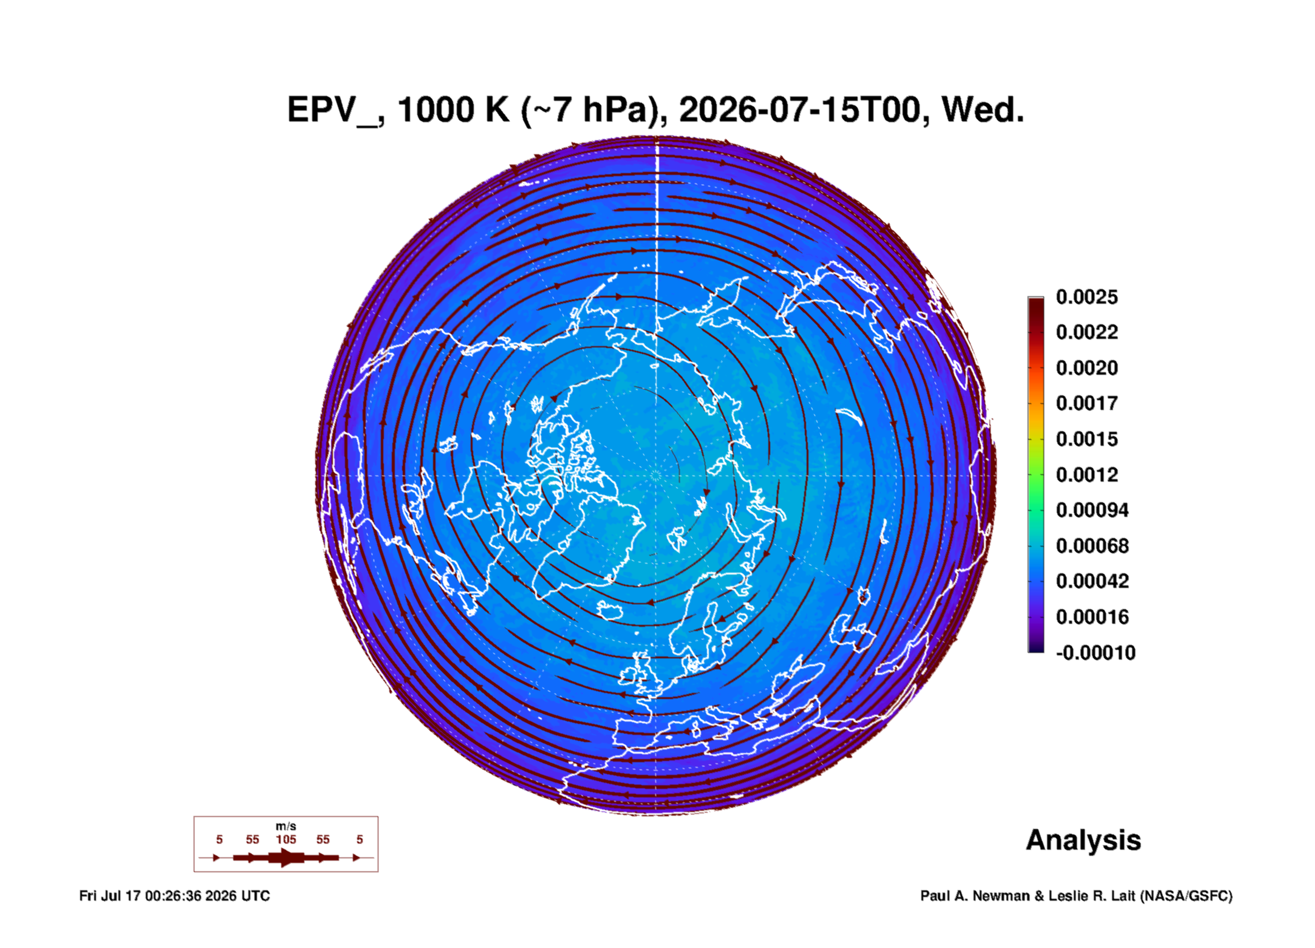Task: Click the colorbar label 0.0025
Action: pos(1087,297)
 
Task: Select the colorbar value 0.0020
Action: pos(1087,368)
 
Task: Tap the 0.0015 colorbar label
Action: pos(1087,439)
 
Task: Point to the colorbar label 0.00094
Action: pos(1092,510)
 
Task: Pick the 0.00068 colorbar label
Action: pos(1092,546)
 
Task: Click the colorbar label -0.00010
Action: pos(1096,653)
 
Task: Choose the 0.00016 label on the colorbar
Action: pos(1092,617)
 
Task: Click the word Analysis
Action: pos(1084,841)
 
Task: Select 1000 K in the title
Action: pos(453,111)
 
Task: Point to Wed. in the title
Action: pos(983,111)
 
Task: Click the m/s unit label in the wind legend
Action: pos(286,827)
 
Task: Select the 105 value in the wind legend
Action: pos(286,840)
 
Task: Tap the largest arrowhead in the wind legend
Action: pos(287,858)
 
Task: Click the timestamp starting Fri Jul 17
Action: pos(174,896)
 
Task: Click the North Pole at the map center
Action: pos(656,475)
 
